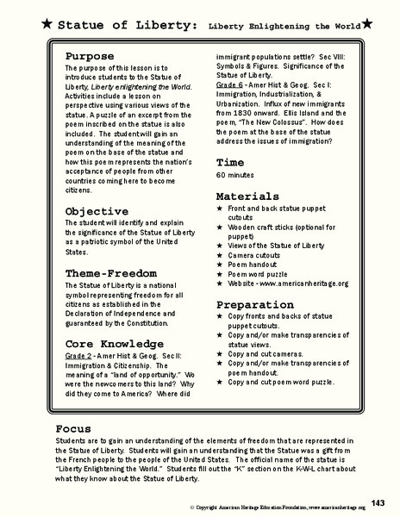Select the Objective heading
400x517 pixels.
[x=97, y=210]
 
